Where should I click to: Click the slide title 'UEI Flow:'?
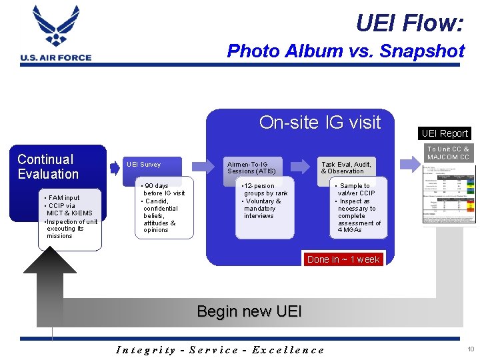409,23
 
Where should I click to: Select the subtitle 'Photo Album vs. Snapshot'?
345,51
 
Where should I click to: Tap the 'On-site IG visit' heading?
319,122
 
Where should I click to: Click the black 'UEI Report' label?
445,133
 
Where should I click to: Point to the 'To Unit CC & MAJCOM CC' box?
448,153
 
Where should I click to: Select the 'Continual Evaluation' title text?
48,167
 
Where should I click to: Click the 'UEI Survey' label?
143,165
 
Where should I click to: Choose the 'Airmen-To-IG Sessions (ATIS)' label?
251,167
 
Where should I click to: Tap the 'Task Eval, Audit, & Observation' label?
346,167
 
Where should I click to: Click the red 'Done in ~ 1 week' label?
343,259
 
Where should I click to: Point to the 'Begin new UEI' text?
249,311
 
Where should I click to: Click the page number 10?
470,349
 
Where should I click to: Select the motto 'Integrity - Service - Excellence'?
220,349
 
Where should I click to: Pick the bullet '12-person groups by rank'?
265,189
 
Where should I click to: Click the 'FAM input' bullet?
64,198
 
